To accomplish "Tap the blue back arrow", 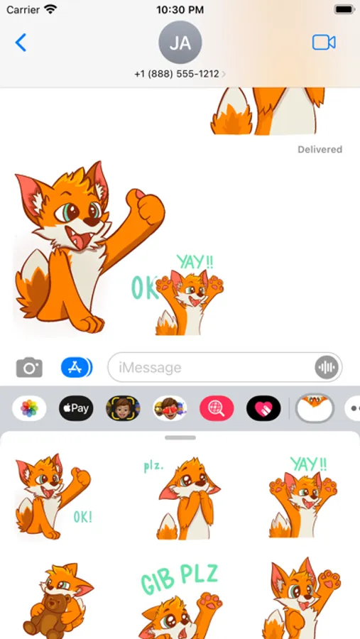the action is [21, 43].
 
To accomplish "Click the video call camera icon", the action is [324, 43].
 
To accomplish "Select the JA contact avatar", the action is [180, 43].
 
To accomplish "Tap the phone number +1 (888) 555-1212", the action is [177, 74].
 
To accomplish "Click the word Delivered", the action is [320, 150].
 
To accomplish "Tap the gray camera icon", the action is [29, 368].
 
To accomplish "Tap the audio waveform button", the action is [327, 368].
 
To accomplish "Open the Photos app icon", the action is [29, 408].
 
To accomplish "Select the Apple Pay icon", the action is [76, 408].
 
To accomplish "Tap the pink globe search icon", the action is [217, 408].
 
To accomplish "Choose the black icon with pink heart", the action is [263, 408].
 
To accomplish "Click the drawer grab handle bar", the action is [180, 437].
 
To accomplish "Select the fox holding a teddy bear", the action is [57, 599].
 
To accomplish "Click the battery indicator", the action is [344, 9].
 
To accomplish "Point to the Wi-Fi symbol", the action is [51, 9].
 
